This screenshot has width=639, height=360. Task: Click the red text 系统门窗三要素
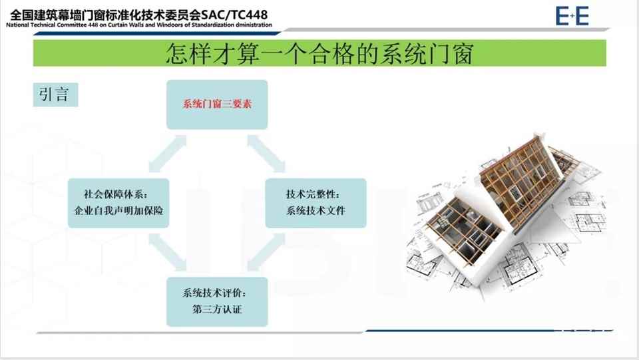tap(217, 104)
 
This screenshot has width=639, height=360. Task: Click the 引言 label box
tap(55, 94)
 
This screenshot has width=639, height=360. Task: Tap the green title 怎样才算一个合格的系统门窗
tap(319, 53)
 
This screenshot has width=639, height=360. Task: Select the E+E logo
tap(572, 15)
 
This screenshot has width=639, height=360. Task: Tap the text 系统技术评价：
tap(216, 293)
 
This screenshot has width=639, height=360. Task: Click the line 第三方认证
tap(216, 309)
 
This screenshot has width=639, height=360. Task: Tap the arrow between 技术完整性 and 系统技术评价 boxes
tap(266, 254)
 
